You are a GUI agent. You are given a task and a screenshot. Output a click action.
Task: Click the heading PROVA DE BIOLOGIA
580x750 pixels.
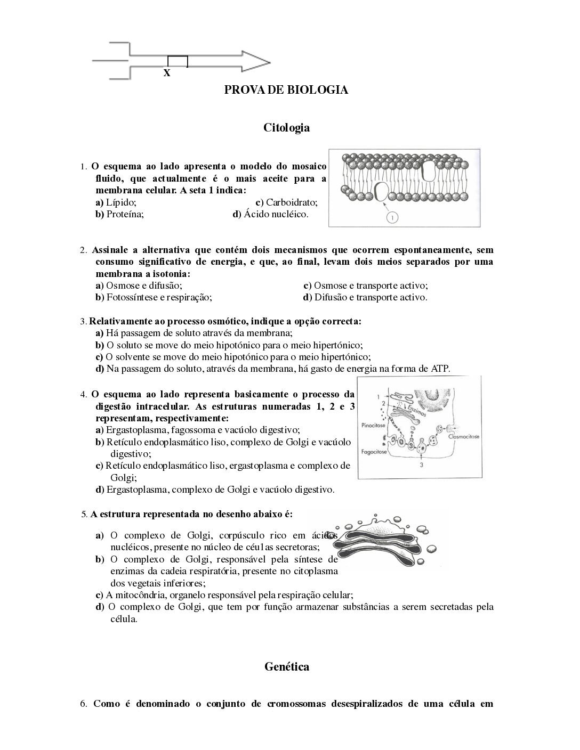click(286, 90)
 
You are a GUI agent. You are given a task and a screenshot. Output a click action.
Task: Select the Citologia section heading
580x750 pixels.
click(286, 128)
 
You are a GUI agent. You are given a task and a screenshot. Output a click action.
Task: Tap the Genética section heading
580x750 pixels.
click(286, 667)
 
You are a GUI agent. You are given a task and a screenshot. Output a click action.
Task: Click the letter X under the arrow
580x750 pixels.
click(167, 74)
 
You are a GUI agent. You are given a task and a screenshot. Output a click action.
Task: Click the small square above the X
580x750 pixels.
click(178, 61)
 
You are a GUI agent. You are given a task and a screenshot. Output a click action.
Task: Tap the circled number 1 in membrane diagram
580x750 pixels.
click(392, 217)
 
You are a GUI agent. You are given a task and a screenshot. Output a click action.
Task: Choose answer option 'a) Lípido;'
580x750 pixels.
click(116, 202)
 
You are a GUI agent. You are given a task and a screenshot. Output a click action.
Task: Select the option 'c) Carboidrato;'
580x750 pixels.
click(286, 202)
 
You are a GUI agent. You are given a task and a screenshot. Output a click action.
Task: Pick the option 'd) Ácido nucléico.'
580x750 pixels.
click(270, 214)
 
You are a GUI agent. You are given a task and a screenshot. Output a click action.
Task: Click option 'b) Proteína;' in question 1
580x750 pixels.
click(120, 214)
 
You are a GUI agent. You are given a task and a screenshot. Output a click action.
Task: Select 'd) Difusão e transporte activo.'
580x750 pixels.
click(365, 297)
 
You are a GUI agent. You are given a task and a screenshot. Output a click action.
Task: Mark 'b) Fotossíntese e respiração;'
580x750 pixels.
click(154, 297)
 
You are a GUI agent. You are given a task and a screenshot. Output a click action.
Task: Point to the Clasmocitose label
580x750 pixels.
click(464, 436)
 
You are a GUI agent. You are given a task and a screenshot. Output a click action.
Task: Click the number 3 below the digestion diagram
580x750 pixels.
click(421, 464)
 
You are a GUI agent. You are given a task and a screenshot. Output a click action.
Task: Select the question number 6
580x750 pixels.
click(83, 704)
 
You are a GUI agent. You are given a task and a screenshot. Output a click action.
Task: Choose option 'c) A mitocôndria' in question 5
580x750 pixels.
click(224, 595)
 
